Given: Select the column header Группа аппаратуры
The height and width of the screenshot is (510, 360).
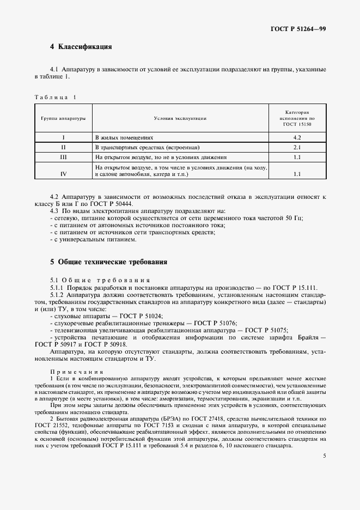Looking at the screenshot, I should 63,118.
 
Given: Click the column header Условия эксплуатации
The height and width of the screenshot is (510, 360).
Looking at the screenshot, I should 180,118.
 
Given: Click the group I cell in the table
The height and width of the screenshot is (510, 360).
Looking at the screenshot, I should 64,138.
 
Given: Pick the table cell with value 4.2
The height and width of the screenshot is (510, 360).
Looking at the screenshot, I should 297,138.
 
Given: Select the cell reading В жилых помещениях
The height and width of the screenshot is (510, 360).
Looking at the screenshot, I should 125,138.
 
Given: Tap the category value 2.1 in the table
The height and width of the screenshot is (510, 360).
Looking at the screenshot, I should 297,148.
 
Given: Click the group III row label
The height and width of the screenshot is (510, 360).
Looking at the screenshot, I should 64,157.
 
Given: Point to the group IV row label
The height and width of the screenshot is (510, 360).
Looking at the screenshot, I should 64,174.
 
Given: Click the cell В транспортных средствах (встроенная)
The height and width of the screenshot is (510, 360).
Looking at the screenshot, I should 148,148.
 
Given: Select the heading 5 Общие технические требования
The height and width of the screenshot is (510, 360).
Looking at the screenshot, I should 108,262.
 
